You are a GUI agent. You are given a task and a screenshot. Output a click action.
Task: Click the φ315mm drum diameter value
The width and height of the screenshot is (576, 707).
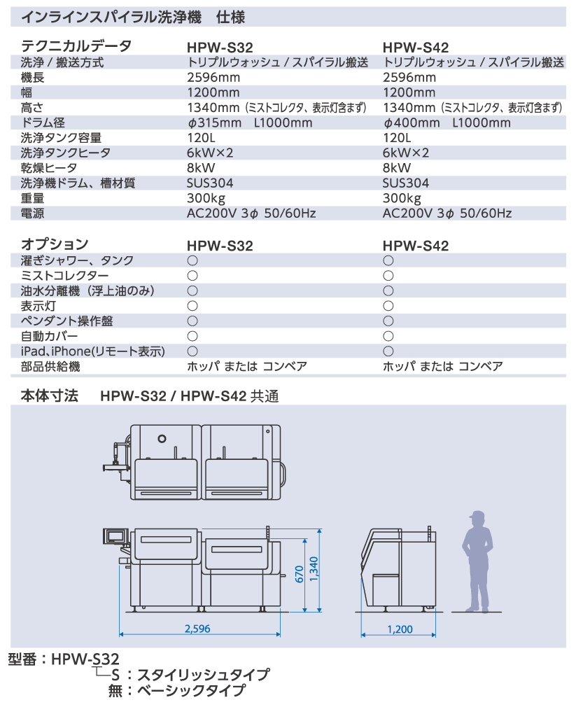coord(214,122)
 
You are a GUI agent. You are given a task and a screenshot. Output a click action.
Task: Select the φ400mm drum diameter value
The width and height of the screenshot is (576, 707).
coord(411,122)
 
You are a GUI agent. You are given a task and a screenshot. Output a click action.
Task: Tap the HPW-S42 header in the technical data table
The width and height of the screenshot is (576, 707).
coord(416,48)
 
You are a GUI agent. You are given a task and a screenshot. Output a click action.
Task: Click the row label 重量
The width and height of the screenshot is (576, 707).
coord(32,198)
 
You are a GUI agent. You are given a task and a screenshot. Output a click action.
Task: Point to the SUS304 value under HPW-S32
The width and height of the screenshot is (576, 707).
coord(210,183)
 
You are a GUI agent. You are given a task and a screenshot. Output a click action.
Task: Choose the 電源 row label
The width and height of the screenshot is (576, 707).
coord(32,213)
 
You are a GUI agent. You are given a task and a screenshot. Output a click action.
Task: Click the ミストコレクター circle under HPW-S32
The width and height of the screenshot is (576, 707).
coord(192,276)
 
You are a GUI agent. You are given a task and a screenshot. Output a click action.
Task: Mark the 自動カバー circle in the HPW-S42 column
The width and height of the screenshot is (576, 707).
coord(388,336)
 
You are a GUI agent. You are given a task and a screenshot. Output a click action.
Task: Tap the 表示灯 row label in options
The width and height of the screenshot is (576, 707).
coord(38,306)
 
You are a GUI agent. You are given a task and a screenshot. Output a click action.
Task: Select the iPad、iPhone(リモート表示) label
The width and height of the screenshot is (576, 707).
coord(93,351)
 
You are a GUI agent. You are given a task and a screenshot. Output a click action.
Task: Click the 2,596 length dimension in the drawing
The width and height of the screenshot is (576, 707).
coord(197,628)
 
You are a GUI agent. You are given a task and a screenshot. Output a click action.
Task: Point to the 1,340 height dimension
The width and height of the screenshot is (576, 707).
coord(314,569)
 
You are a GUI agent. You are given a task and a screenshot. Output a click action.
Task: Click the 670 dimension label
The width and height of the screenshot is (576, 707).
coord(300,574)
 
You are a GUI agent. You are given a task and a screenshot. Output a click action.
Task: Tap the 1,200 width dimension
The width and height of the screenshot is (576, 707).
coord(400,629)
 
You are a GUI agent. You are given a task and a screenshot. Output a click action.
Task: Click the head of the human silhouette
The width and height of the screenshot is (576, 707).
coord(477,519)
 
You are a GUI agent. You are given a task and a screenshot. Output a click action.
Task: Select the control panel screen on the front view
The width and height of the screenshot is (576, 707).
coord(115,535)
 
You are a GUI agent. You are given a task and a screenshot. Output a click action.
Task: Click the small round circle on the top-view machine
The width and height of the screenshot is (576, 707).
coord(162,438)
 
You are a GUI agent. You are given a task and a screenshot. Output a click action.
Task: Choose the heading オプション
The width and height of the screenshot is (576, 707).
coord(55,244)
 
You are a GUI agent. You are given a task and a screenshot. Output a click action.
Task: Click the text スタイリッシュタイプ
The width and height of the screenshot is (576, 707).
coord(203,675)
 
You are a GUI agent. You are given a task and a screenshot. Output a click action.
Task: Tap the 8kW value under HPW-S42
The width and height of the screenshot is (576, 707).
coord(397,168)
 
